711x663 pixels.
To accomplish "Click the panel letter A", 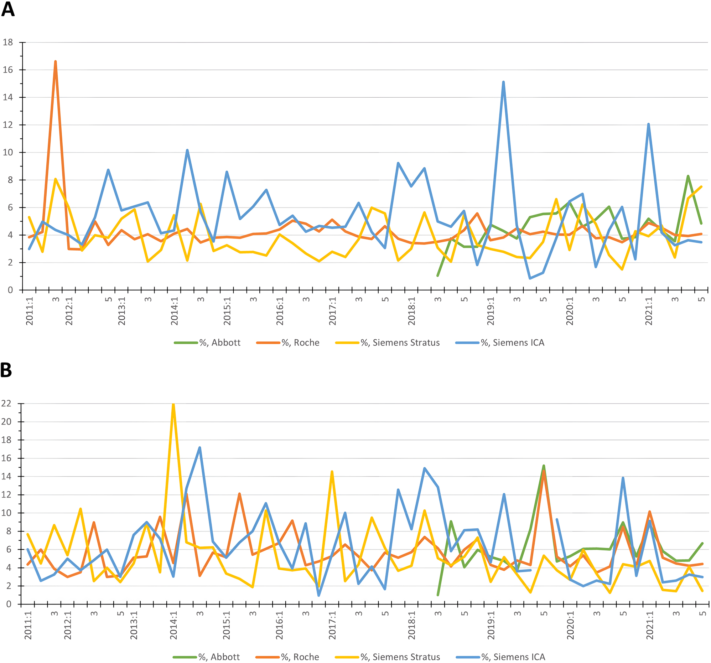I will coord(8,9).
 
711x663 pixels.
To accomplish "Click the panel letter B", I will coord(6,370).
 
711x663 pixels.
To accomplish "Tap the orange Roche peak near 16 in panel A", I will coord(56,62).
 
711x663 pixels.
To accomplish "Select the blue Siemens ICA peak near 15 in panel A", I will coord(503,82).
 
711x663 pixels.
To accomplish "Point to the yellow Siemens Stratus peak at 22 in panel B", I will coord(173,404).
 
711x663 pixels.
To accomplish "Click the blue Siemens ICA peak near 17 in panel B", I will coord(199,448).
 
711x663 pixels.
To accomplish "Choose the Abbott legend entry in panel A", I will coord(207,343).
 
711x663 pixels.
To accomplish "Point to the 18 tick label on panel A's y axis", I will coord(7,42).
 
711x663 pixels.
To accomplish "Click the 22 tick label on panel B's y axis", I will coord(6,404).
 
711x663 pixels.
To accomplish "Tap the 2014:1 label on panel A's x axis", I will coord(174,311).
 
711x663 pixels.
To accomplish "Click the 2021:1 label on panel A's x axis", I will coord(649,311).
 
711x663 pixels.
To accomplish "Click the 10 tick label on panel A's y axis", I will coord(7,153).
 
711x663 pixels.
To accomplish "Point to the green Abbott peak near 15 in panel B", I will coord(544,466).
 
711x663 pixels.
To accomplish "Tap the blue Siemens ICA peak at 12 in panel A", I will coord(648,124).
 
